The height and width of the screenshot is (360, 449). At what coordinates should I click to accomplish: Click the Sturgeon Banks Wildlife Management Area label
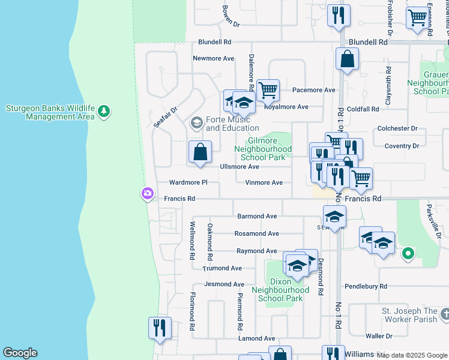click(x=50, y=112)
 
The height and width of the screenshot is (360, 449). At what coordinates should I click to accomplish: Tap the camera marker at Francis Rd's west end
click(x=147, y=193)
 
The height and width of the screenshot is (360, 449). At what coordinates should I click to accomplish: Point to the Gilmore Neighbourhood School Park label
click(x=263, y=149)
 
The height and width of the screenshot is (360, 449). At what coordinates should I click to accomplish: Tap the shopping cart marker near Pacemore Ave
click(x=268, y=91)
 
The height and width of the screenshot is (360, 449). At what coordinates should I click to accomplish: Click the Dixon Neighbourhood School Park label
click(x=281, y=290)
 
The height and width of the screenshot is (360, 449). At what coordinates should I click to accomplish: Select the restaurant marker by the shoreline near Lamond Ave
click(x=160, y=328)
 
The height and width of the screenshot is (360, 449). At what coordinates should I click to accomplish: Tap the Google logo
click(x=20, y=353)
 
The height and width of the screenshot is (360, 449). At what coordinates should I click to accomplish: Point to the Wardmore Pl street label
click(x=188, y=182)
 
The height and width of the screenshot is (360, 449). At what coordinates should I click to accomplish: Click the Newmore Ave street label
click(x=213, y=59)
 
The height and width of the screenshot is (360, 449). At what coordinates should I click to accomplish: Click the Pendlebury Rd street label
click(x=366, y=287)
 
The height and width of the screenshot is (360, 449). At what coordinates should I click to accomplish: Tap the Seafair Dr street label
click(x=166, y=116)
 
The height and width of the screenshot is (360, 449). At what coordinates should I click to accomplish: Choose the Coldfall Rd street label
click(x=363, y=109)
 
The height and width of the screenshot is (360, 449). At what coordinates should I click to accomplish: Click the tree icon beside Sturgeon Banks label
click(x=104, y=111)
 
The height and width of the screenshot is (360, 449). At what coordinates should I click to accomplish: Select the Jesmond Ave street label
click(x=224, y=284)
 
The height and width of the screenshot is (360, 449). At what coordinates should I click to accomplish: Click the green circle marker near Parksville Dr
click(x=408, y=254)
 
